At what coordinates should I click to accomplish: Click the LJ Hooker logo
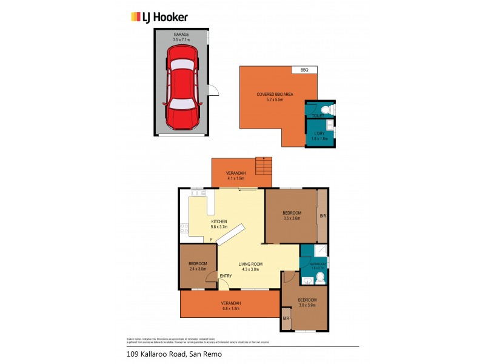159,18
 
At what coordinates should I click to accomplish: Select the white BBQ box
304,70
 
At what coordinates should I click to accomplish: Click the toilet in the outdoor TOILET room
326,109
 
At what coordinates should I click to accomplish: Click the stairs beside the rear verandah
264,166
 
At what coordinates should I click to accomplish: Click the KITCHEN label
219,221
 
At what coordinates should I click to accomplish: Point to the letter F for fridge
210,240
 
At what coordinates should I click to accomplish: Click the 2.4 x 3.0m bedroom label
198,266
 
